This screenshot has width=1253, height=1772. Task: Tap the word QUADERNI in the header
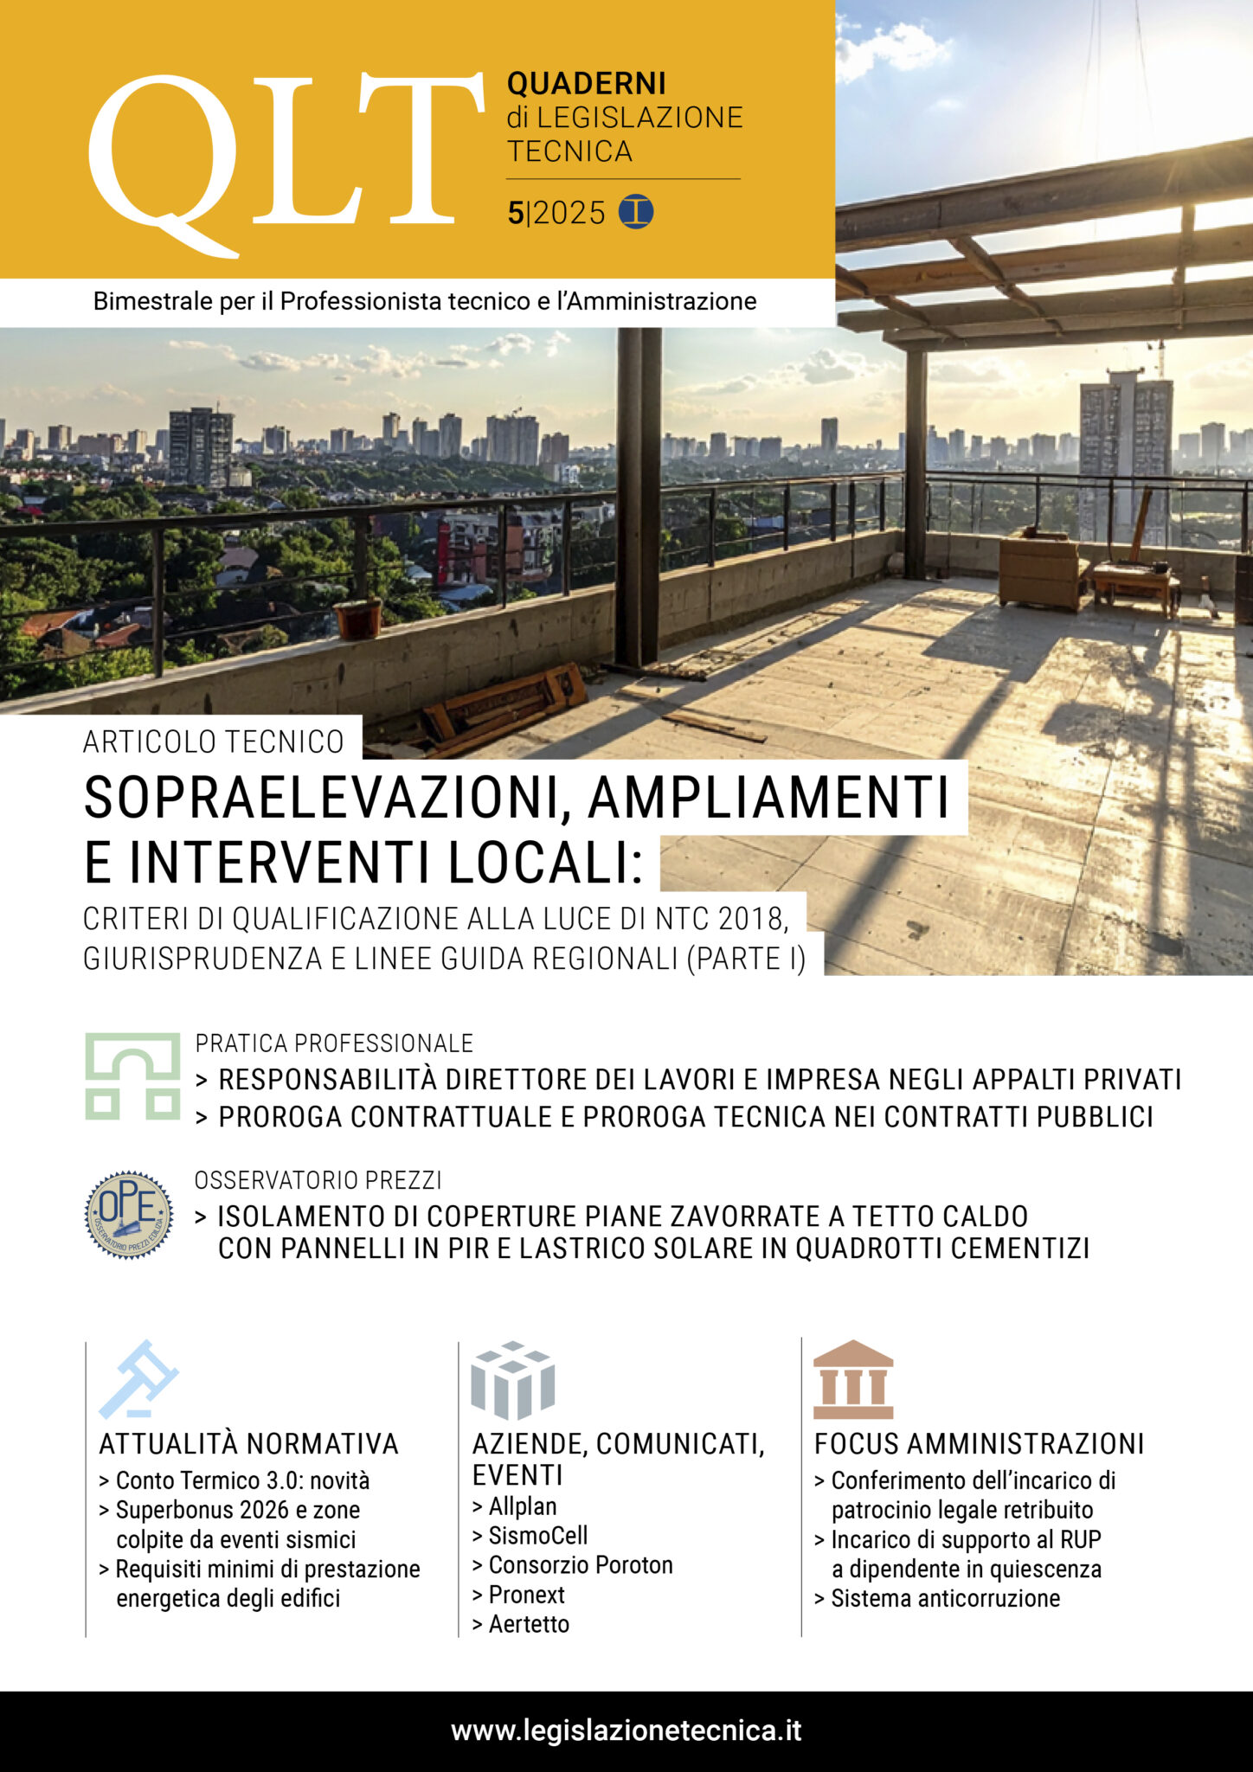pos(586,84)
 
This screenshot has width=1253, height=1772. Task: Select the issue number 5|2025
pos(556,213)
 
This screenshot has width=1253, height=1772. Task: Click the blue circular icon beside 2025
pos(636,212)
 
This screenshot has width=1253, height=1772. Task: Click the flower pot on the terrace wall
pos(358,618)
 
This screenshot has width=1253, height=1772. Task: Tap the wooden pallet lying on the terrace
pos(505,707)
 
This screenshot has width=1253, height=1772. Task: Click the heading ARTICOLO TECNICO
pos(213,742)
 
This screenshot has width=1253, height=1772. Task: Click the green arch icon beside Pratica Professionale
pos(132,1076)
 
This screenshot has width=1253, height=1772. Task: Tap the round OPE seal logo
pos(129,1215)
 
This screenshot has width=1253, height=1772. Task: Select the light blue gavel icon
pos(138,1379)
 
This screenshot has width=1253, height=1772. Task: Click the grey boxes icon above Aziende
pos(512,1379)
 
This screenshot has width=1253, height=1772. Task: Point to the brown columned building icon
pos(852,1379)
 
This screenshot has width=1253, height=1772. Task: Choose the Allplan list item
pos(522,1506)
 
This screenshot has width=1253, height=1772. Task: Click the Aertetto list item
pos(528,1624)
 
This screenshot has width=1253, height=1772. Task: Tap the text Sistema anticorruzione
pos(945,1598)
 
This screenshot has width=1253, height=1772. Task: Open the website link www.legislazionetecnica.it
pos(626,1730)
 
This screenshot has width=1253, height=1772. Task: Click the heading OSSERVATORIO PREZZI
pos(318,1180)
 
